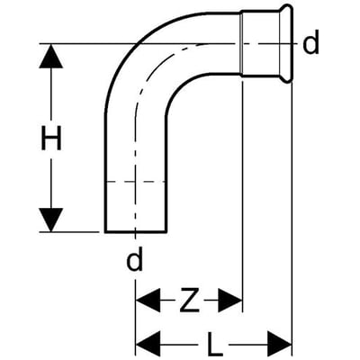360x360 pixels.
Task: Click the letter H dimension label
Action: [x=51, y=138]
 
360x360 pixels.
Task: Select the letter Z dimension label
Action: [x=190, y=300]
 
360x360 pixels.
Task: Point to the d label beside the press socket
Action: [x=310, y=42]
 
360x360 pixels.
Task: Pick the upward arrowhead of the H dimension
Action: [x=51, y=56]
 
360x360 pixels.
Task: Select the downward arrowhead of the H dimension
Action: [x=51, y=220]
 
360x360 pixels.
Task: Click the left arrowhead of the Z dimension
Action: [x=148, y=300]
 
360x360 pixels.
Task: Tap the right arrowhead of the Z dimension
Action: [x=229, y=300]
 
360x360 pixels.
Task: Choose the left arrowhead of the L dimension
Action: [x=148, y=343]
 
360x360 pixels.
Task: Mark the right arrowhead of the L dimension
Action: [x=280, y=343]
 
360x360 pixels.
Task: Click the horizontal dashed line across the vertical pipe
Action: [x=136, y=182]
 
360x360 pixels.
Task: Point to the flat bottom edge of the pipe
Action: [x=136, y=231]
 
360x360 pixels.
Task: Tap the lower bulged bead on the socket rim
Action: [x=287, y=78]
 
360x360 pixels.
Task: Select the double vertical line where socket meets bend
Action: [x=241, y=42]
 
